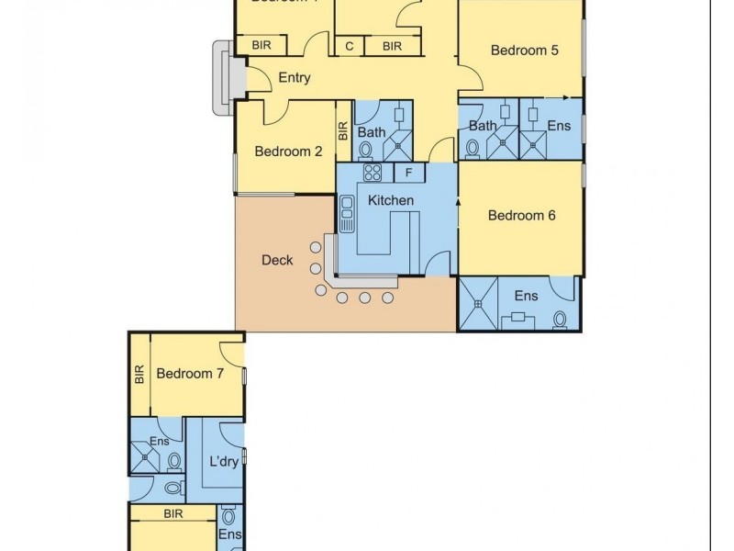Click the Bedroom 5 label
[x=524, y=51]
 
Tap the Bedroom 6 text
[x=522, y=216]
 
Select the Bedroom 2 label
[x=288, y=152]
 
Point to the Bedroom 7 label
[x=190, y=373]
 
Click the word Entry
[x=294, y=78]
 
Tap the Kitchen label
[x=391, y=200]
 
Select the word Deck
[x=277, y=260]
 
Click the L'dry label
[x=223, y=461]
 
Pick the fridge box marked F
[x=409, y=172]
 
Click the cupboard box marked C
[x=350, y=46]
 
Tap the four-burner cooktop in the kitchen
[x=373, y=172]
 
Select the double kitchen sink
[x=347, y=214]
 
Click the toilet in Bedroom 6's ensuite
[x=560, y=319]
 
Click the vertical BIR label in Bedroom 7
[x=139, y=374]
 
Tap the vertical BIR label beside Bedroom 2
[x=343, y=131]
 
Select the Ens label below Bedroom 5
[x=559, y=126]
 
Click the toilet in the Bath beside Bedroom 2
[x=365, y=149]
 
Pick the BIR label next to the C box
[x=392, y=46]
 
